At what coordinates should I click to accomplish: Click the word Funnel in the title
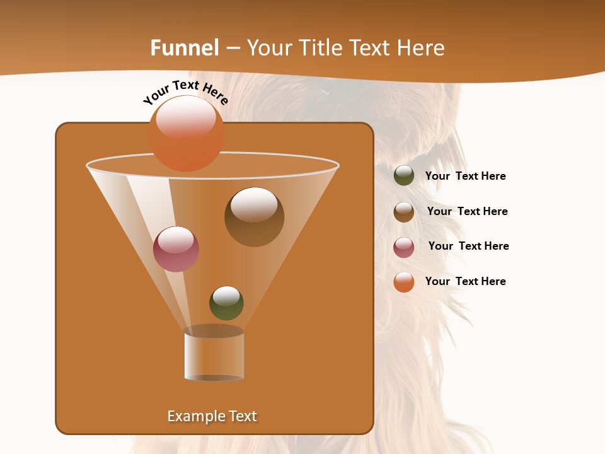tap(184, 48)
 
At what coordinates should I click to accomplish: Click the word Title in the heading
tap(321, 48)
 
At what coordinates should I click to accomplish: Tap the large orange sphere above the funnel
tap(187, 134)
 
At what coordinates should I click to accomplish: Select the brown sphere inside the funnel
tap(254, 218)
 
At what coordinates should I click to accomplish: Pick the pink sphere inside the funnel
tap(176, 249)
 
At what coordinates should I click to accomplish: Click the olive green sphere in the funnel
tap(226, 303)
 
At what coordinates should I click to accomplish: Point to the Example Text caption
tap(212, 416)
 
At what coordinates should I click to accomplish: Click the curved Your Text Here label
tap(186, 91)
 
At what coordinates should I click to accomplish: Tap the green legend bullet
tap(404, 176)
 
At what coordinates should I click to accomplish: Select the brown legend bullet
tap(404, 212)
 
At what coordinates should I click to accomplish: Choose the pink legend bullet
tap(404, 247)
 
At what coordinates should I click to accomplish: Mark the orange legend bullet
tap(404, 282)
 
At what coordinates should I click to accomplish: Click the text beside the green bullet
tap(465, 177)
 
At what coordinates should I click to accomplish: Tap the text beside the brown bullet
tap(467, 211)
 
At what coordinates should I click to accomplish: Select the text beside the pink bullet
tap(468, 246)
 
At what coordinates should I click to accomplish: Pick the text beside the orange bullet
tap(465, 281)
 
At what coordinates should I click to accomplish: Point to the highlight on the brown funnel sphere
tap(253, 204)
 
